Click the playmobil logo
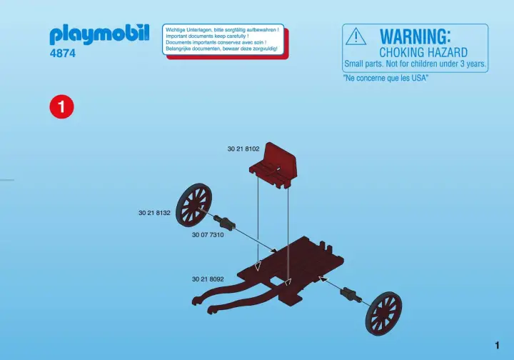click(x=99, y=34)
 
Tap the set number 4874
click(x=63, y=53)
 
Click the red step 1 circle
click(x=61, y=107)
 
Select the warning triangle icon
click(x=356, y=36)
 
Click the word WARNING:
click(x=415, y=36)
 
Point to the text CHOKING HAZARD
click(x=423, y=52)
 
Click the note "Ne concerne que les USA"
click(x=385, y=78)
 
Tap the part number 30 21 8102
click(x=243, y=149)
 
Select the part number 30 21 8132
click(x=154, y=213)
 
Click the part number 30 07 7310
click(x=208, y=235)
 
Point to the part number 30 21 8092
click(x=208, y=279)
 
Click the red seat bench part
click(x=273, y=165)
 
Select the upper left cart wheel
click(x=193, y=205)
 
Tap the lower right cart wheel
click(x=383, y=314)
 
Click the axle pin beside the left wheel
click(x=224, y=222)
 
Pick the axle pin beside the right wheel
click(x=351, y=294)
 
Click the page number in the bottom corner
click(x=498, y=345)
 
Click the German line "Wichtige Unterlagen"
click(x=222, y=30)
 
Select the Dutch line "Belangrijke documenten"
click(x=221, y=49)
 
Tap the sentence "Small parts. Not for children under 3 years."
click(x=415, y=64)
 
